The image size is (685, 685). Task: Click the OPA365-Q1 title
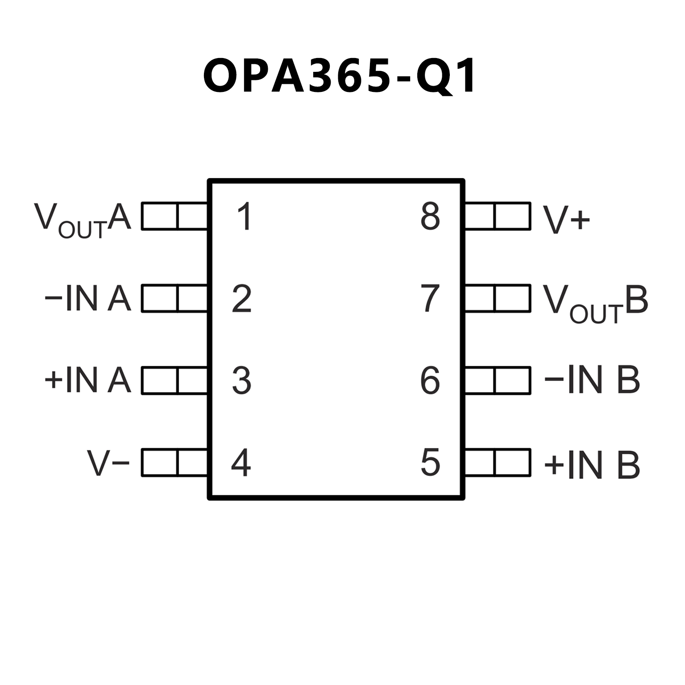pyautogui.click(x=340, y=75)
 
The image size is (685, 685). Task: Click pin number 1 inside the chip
pyautogui.click(x=244, y=216)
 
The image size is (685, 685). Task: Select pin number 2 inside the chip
pyautogui.click(x=242, y=299)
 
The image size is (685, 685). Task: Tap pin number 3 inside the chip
pyautogui.click(x=242, y=381)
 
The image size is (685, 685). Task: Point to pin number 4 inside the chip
pyautogui.click(x=241, y=463)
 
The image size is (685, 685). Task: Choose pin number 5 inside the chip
pyautogui.click(x=430, y=463)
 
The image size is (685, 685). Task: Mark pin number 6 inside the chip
pyautogui.click(x=430, y=381)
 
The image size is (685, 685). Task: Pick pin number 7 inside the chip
pyautogui.click(x=430, y=299)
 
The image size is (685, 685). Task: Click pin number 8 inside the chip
pyautogui.click(x=430, y=216)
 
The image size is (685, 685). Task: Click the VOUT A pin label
pyautogui.click(x=83, y=220)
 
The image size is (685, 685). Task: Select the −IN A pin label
pyautogui.click(x=88, y=299)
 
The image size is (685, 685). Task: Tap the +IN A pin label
pyautogui.click(x=88, y=381)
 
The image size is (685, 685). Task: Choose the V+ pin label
pyautogui.click(x=566, y=220)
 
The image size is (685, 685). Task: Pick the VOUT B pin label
pyautogui.click(x=595, y=302)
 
